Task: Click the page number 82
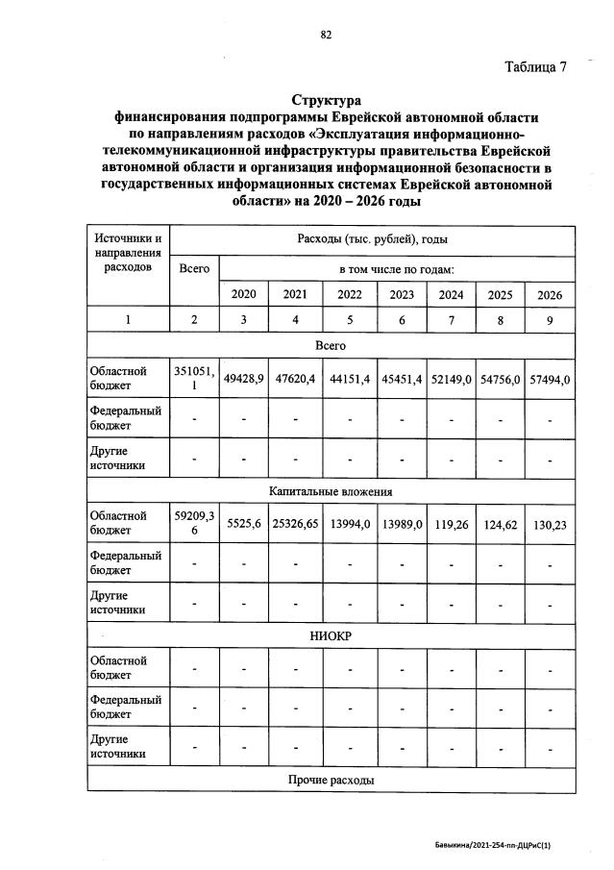pyautogui.click(x=326, y=36)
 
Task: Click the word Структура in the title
pyautogui.click(x=326, y=100)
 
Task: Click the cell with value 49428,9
pyautogui.click(x=244, y=379)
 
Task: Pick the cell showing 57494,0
pyautogui.click(x=549, y=379)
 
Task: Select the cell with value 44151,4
pyautogui.click(x=350, y=379)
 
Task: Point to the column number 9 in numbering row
pyautogui.click(x=549, y=320)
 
